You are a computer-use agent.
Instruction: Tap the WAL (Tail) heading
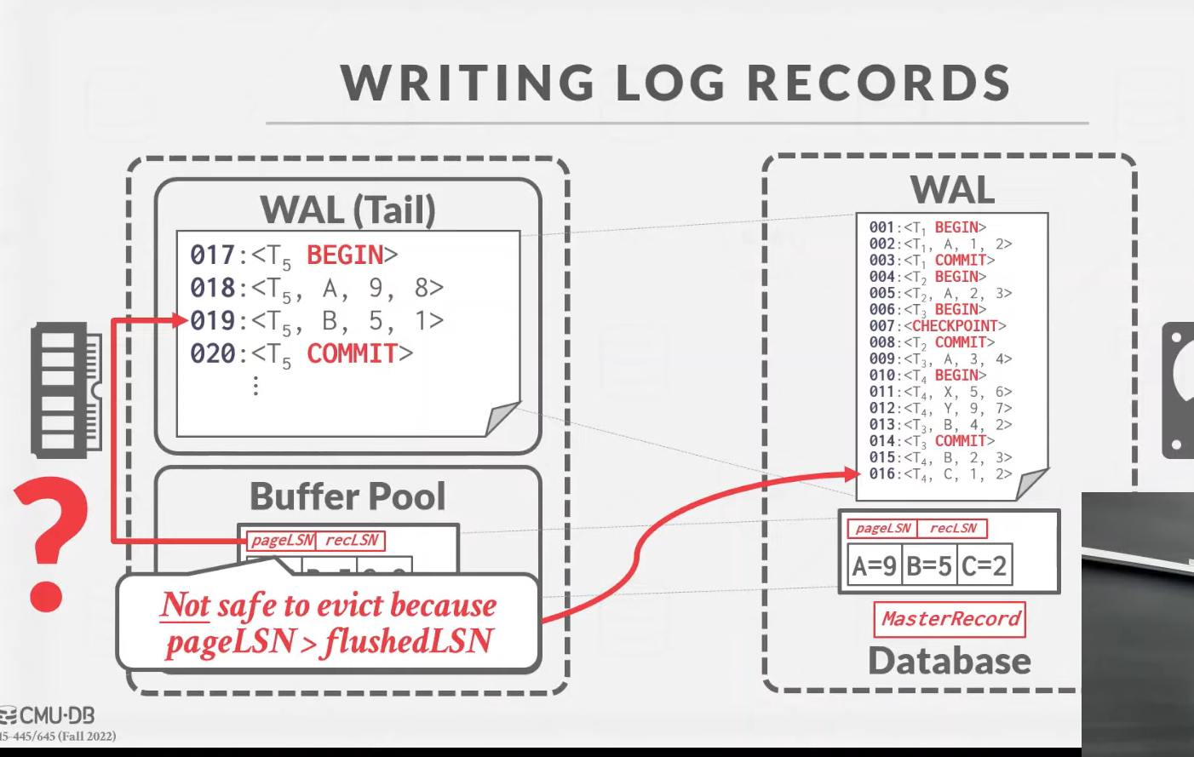(x=347, y=209)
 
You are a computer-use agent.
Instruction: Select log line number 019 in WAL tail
(x=212, y=321)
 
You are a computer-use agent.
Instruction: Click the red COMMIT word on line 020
(x=352, y=353)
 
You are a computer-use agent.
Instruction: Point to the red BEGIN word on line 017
(x=345, y=255)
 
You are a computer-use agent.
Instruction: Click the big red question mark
(x=49, y=542)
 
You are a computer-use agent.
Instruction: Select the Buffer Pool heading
(x=347, y=496)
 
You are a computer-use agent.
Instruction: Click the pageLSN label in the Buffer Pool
(x=282, y=540)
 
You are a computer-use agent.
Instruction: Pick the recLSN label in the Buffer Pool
(x=352, y=540)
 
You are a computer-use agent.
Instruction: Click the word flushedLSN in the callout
(x=409, y=641)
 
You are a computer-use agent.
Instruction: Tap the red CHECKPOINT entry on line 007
(x=954, y=326)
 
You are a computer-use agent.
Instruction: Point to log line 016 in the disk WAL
(x=881, y=474)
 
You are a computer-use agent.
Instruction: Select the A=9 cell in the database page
(x=874, y=565)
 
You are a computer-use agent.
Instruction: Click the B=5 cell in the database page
(x=928, y=565)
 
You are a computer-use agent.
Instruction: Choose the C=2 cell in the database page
(x=984, y=565)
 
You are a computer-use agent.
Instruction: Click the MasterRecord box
(x=950, y=619)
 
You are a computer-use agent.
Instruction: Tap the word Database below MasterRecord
(x=949, y=661)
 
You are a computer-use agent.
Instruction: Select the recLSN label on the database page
(x=953, y=528)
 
